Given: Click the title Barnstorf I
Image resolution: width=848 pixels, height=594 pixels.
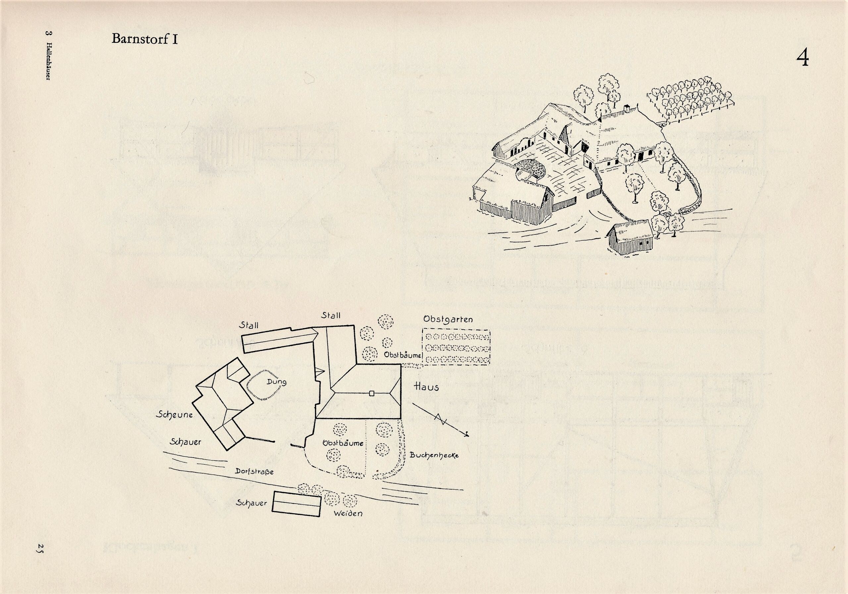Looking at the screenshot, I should tap(144, 39).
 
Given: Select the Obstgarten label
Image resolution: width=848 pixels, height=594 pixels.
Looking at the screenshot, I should tap(448, 319).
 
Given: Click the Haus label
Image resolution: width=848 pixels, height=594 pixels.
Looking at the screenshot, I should tap(427, 387).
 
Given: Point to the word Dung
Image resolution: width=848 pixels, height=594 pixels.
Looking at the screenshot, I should tap(276, 382).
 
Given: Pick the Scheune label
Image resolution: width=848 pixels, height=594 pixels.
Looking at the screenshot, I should tap(174, 415).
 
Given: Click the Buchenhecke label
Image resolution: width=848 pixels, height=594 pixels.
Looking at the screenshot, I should tap(434, 455).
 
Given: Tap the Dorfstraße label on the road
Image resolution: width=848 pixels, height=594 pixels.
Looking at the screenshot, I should tap(254, 471).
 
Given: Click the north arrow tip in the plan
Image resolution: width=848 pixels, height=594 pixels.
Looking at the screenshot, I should tap(468, 434).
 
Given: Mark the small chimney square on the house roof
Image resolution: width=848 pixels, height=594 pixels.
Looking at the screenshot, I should tap(372, 394).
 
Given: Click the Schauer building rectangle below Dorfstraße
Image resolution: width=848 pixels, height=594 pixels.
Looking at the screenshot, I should tap(296, 504).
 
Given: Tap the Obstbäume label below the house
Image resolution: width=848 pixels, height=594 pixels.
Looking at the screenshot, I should tap(343, 443).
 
